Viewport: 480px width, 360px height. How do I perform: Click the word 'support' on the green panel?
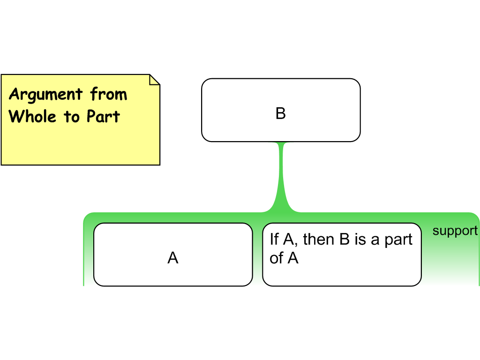455,231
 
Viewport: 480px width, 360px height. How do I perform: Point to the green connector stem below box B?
281,173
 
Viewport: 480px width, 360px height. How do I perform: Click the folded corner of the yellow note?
154,80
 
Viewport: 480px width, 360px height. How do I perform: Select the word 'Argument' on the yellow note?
45,95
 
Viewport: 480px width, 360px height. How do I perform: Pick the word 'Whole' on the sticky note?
34,116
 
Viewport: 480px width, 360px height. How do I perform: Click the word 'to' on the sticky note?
72,117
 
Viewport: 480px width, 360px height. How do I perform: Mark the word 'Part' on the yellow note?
103,116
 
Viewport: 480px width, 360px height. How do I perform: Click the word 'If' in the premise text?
274,240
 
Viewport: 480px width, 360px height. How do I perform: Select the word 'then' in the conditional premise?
318,240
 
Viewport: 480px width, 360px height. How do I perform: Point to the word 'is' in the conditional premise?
360,240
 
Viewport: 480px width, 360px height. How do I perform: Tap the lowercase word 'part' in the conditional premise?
398,240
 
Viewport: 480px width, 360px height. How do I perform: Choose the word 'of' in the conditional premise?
277,258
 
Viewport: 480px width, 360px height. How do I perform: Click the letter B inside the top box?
280,113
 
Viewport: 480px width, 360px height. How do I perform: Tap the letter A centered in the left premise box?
173,258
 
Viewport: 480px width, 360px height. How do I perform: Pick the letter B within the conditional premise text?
345,240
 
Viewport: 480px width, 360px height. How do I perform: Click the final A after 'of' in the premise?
293,258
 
